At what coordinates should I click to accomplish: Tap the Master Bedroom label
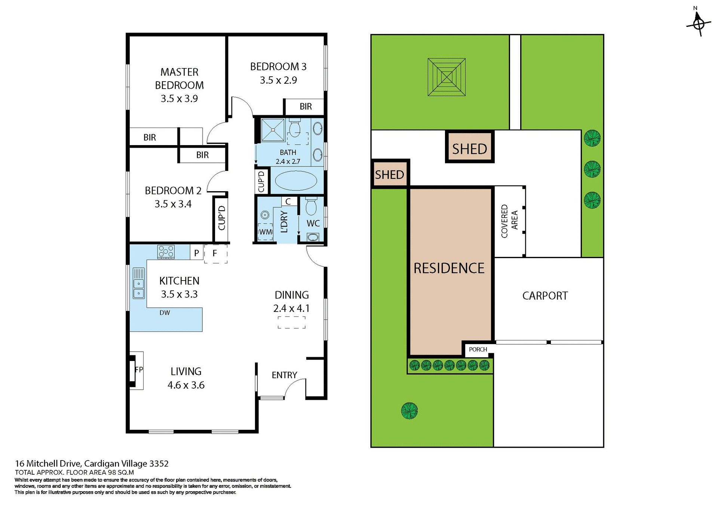[179, 78]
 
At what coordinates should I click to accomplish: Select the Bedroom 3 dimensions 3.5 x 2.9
[278, 80]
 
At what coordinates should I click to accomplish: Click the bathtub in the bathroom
[296, 181]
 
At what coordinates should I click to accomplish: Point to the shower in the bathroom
[273, 130]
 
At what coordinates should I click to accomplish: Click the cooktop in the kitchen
[166, 252]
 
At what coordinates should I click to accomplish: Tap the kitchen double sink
[138, 283]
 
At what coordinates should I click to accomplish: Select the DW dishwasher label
[165, 313]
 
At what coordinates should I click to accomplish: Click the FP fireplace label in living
[139, 370]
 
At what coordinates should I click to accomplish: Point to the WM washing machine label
[265, 232]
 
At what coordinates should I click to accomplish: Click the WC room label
[313, 223]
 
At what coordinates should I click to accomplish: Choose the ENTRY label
[284, 375]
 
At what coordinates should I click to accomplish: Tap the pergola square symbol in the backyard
[447, 77]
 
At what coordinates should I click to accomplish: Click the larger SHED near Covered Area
[469, 149]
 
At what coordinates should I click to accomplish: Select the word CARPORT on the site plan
[545, 296]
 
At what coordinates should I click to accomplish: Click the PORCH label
[478, 349]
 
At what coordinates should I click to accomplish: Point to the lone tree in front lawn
[409, 411]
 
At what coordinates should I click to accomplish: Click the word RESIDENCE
[449, 268]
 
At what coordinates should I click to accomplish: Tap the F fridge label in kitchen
[215, 253]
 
